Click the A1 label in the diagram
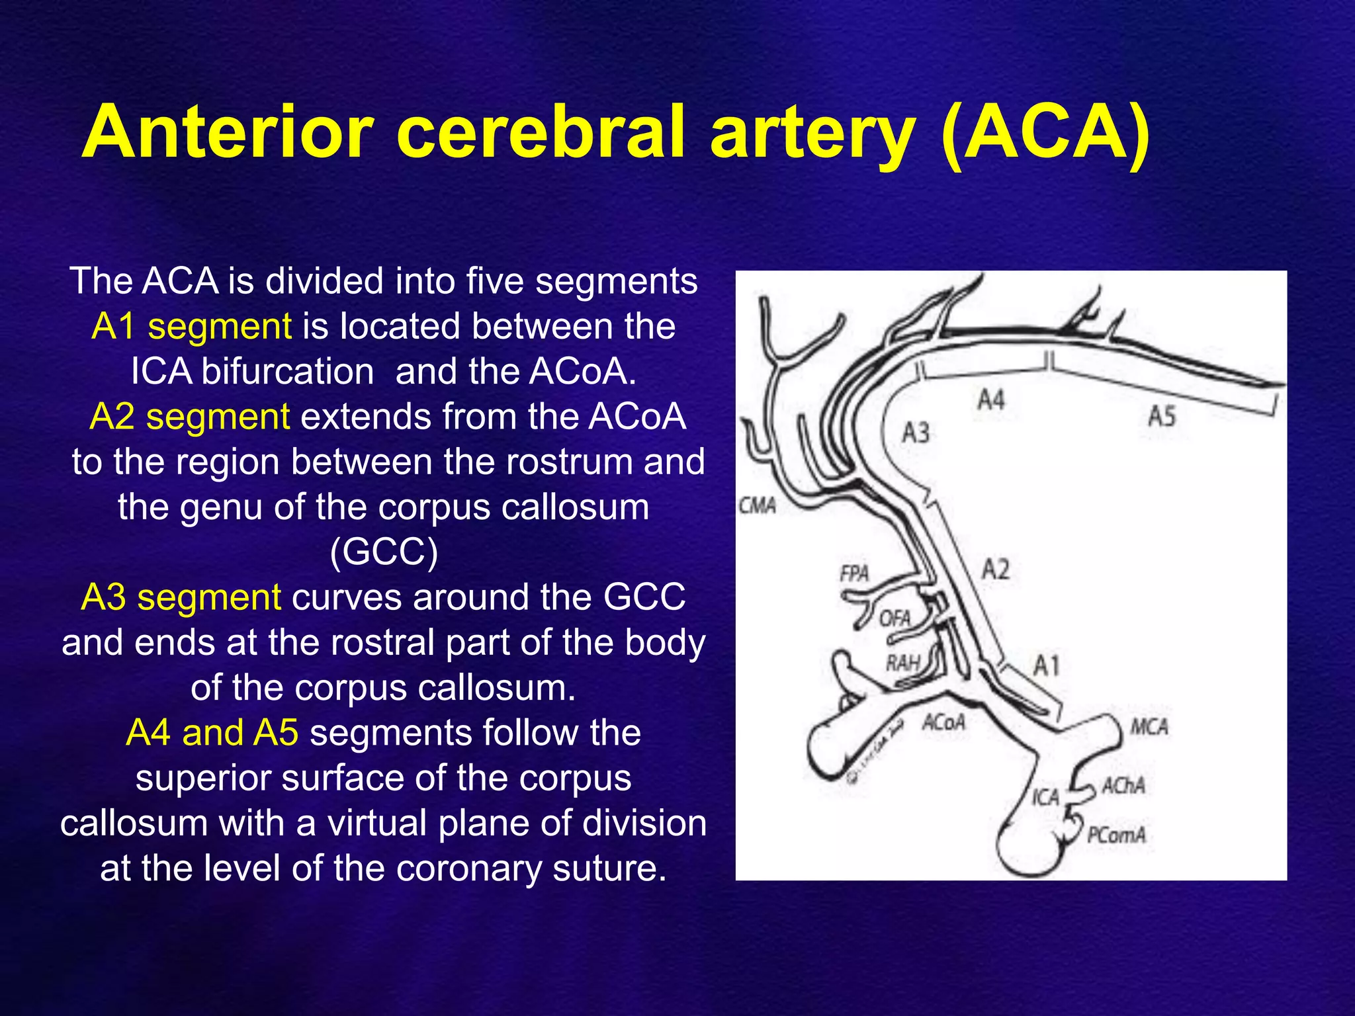[x=1047, y=665]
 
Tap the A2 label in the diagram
[x=995, y=570]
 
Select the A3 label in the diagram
[x=916, y=433]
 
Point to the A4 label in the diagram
[x=991, y=400]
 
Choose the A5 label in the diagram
[x=1162, y=417]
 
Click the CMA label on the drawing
[x=758, y=506]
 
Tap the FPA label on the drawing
[x=854, y=573]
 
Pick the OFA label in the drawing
[x=895, y=619]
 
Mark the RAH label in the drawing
[x=903, y=662]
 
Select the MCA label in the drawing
[x=1149, y=728]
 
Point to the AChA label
[x=1123, y=786]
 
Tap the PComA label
[x=1117, y=835]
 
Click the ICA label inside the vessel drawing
[x=1046, y=798]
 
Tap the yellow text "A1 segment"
[x=192, y=326]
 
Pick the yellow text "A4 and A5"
[x=212, y=733]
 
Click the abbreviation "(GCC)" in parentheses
[x=384, y=552]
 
